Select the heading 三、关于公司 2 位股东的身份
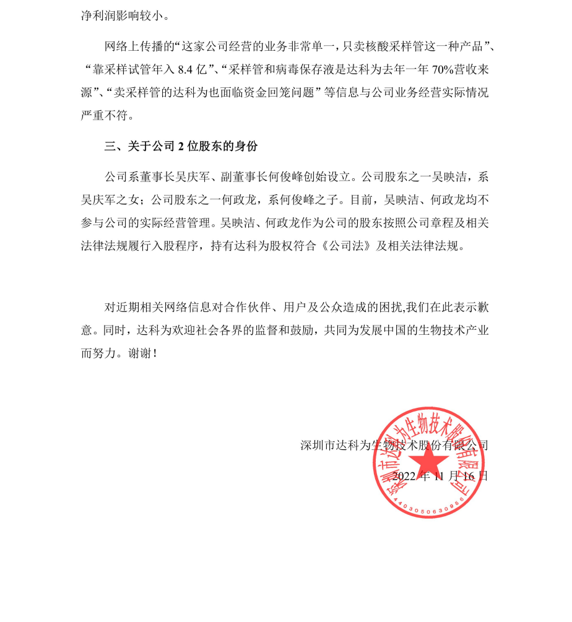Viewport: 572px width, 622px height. (181, 147)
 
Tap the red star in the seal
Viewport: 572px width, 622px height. (427, 460)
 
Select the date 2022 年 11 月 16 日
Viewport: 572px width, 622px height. (440, 476)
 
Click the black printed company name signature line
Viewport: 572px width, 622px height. (394, 445)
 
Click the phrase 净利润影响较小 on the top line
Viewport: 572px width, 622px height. (124, 14)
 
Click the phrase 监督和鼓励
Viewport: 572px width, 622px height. (285, 330)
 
